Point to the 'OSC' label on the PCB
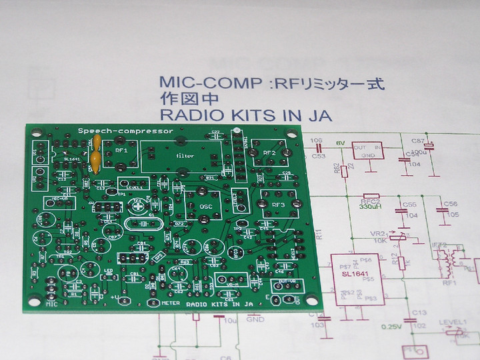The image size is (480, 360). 206,207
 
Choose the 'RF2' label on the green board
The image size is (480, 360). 269,153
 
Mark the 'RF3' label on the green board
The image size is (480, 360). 279,205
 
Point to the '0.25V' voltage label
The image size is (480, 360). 391,327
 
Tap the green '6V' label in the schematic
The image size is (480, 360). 339,143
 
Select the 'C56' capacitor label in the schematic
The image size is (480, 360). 451,203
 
